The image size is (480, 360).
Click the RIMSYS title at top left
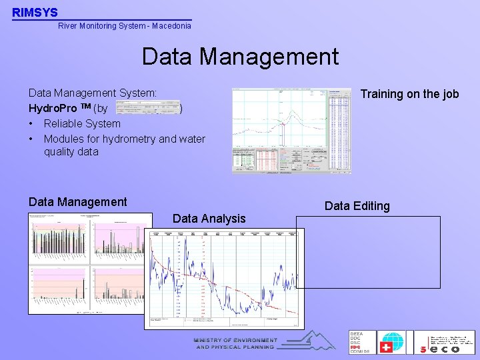pyautogui.click(x=35, y=12)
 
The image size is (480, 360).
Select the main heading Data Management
pyautogui.click(x=240, y=57)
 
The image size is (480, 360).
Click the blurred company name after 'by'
pyautogui.click(x=147, y=108)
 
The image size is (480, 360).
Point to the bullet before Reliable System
pyautogui.click(x=31, y=123)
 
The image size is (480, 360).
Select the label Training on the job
pyautogui.click(x=409, y=94)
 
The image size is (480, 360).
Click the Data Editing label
pyautogui.click(x=357, y=206)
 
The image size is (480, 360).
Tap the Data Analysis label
pyautogui.click(x=209, y=218)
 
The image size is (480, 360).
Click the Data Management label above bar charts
pyautogui.click(x=77, y=202)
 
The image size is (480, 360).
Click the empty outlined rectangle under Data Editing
pyautogui.click(x=368, y=252)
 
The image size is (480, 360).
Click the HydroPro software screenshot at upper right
pyautogui.click(x=291, y=131)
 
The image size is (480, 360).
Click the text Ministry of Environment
pyautogui.click(x=235, y=340)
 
